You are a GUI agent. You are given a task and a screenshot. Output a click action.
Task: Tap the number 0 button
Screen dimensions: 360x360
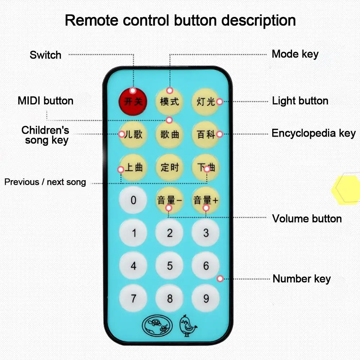(133, 200)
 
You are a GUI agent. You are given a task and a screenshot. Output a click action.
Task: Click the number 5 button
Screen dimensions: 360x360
(169, 266)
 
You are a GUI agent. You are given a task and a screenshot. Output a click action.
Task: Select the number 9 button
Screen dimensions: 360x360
(206, 298)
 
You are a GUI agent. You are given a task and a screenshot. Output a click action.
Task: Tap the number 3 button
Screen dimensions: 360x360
(206, 233)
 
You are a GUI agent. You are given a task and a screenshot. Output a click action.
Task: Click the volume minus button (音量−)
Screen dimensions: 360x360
(169, 200)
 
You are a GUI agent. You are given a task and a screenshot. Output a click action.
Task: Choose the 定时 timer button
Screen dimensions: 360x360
(169, 167)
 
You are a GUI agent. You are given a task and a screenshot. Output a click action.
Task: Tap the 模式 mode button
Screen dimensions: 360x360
(169, 101)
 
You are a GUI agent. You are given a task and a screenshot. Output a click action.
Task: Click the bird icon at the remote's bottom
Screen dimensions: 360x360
(188, 325)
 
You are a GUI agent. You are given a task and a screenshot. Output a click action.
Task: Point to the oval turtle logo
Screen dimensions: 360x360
(157, 325)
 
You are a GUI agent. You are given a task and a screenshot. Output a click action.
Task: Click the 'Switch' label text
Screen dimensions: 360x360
(45, 55)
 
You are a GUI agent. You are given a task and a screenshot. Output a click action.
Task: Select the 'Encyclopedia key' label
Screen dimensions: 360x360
(314, 133)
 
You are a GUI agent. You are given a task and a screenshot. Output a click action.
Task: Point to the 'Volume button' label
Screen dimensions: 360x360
(307, 219)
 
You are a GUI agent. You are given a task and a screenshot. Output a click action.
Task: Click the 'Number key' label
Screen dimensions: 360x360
(302, 279)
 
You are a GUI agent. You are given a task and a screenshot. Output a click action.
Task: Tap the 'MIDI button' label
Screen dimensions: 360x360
(45, 101)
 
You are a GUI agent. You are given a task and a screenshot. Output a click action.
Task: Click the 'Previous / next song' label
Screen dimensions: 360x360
(45, 182)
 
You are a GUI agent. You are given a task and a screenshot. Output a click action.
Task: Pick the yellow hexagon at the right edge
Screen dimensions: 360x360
(346, 190)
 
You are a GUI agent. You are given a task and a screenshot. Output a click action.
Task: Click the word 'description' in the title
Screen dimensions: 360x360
(259, 20)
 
